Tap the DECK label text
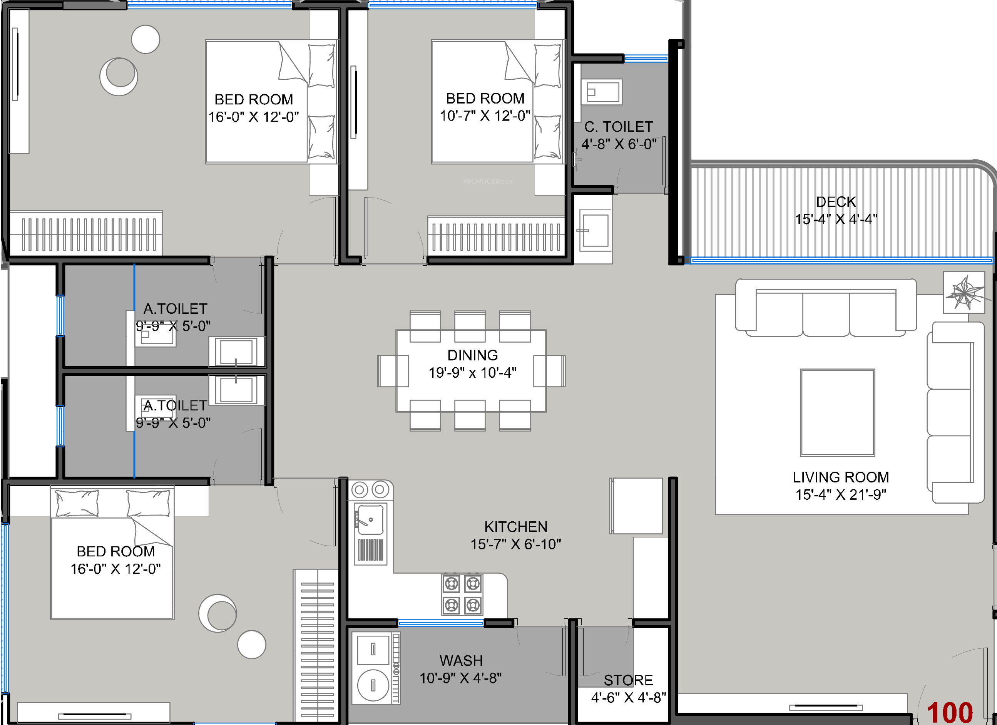click(836, 202)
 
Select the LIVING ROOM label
click(840, 477)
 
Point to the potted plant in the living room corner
click(964, 292)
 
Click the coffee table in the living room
click(837, 412)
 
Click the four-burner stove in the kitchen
click(462, 594)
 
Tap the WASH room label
click(461, 661)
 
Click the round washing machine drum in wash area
click(373, 685)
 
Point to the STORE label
click(628, 680)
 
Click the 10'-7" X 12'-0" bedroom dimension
click(485, 116)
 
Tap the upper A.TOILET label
click(175, 309)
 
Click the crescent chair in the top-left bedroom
click(119, 76)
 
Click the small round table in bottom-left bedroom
click(251, 645)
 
